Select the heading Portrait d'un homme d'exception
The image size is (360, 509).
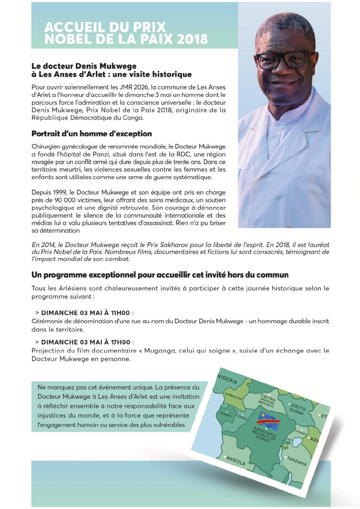coord(91,134)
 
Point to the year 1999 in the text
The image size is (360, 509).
coord(62,193)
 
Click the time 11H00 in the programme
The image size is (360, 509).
coord(120,313)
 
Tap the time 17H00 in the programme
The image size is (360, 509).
coord(121,342)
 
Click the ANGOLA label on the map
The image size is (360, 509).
coord(236,461)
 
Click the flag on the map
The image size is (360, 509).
coord(268,419)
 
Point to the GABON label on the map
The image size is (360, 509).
coord(226,415)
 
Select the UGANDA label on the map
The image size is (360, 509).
coord(301,432)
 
